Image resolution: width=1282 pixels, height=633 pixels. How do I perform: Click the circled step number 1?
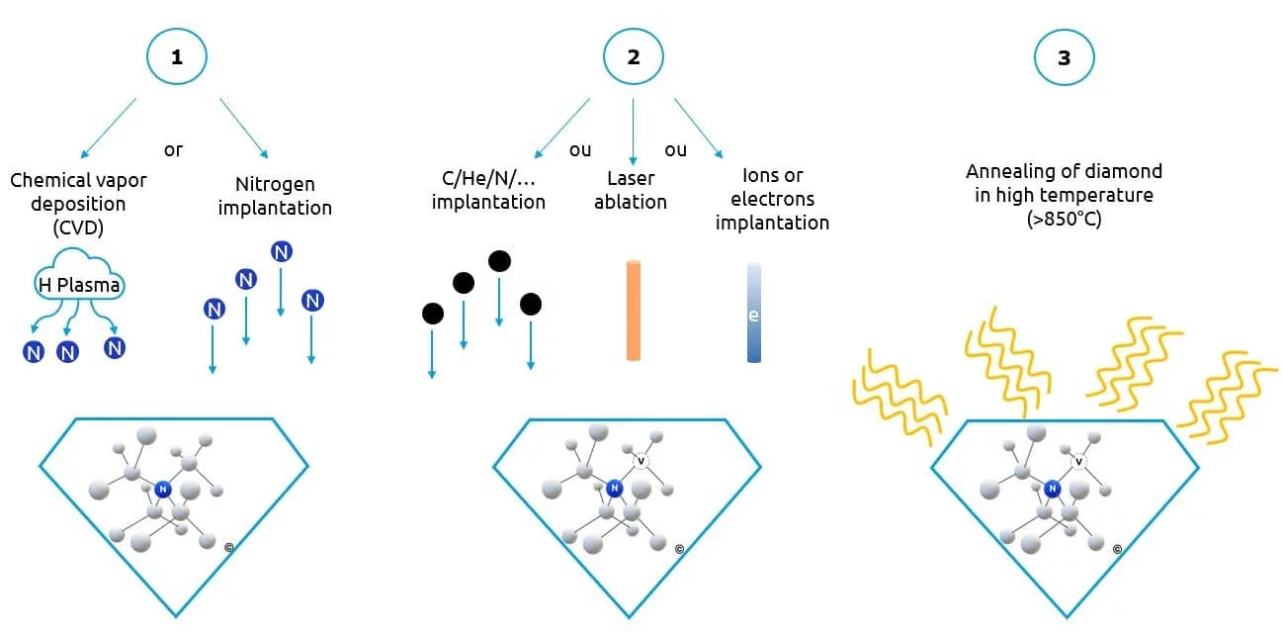pyautogui.click(x=177, y=57)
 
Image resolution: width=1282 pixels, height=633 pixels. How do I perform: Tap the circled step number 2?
pyautogui.click(x=633, y=57)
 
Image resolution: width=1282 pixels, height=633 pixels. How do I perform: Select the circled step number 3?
pyautogui.click(x=1064, y=57)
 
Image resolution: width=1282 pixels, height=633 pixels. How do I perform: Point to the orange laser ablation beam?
pyautogui.click(x=634, y=309)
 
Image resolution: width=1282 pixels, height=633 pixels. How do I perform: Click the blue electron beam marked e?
pyautogui.click(x=754, y=313)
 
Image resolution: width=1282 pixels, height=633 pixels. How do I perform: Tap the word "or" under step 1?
pyautogui.click(x=173, y=150)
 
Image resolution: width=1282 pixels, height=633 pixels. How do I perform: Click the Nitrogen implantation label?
pyautogui.click(x=275, y=196)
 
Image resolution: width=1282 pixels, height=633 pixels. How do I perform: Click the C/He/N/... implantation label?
pyautogui.click(x=489, y=190)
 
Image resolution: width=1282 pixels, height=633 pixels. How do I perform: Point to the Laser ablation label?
pyautogui.click(x=631, y=190)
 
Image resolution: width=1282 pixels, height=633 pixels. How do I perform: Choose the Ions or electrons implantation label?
pyautogui.click(x=772, y=200)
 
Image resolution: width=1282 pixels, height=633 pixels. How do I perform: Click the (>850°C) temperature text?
pyautogui.click(x=1064, y=219)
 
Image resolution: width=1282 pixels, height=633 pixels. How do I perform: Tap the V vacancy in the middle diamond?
pyautogui.click(x=641, y=459)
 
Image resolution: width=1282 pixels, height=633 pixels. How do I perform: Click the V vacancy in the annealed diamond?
pyautogui.click(x=1079, y=461)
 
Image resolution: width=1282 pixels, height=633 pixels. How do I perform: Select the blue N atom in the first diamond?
pyautogui.click(x=163, y=489)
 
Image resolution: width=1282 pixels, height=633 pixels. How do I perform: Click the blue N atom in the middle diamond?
pyautogui.click(x=615, y=488)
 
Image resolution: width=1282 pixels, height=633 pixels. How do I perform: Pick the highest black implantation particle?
pyautogui.click(x=499, y=261)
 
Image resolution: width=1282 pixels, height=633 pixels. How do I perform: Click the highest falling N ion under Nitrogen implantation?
pyautogui.click(x=282, y=252)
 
